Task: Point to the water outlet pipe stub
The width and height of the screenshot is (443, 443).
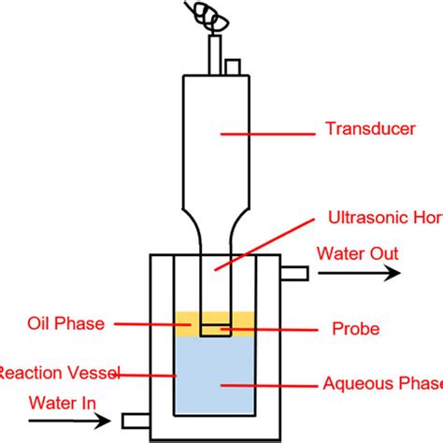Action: click(x=293, y=272)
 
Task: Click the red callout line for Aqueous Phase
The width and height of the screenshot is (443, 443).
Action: click(x=270, y=382)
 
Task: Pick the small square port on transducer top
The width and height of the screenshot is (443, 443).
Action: click(x=233, y=66)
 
